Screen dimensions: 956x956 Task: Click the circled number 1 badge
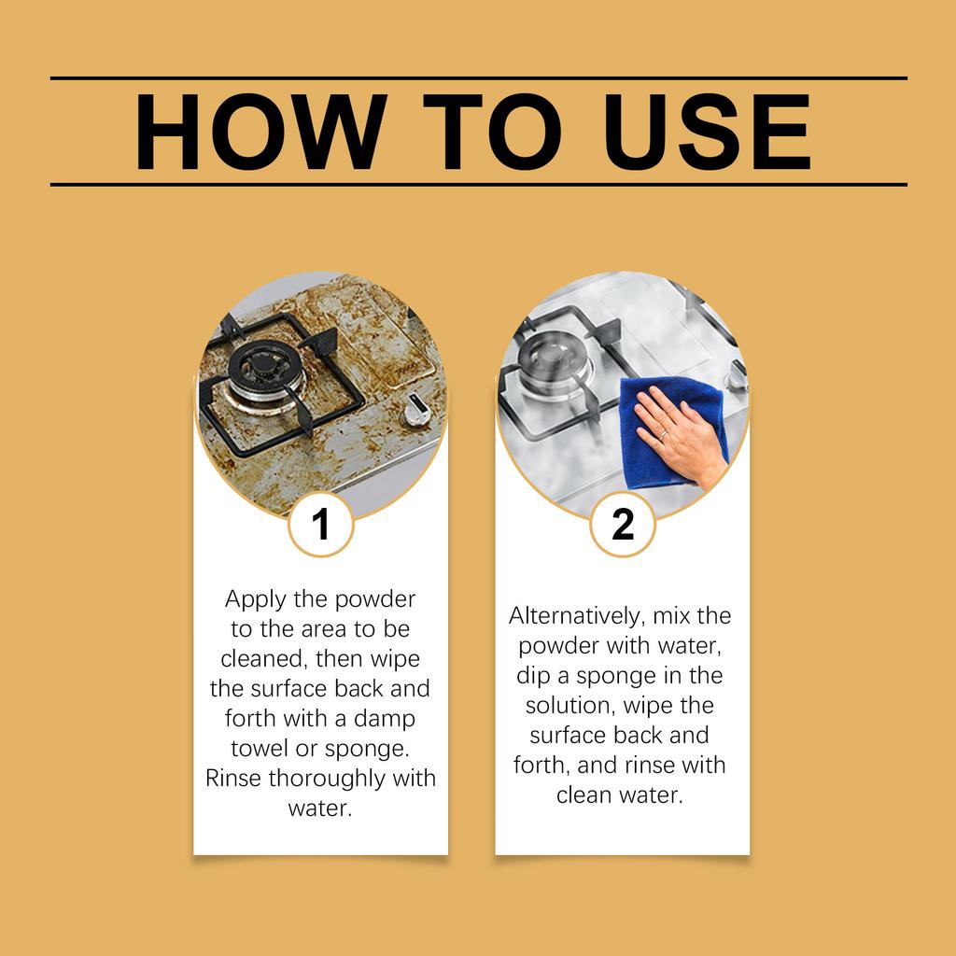click(x=320, y=525)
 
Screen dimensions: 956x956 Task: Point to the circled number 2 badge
click(x=623, y=525)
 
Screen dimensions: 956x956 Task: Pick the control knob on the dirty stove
click(x=415, y=412)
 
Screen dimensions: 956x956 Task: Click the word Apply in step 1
click(x=256, y=599)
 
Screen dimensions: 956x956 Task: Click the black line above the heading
click(x=478, y=78)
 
